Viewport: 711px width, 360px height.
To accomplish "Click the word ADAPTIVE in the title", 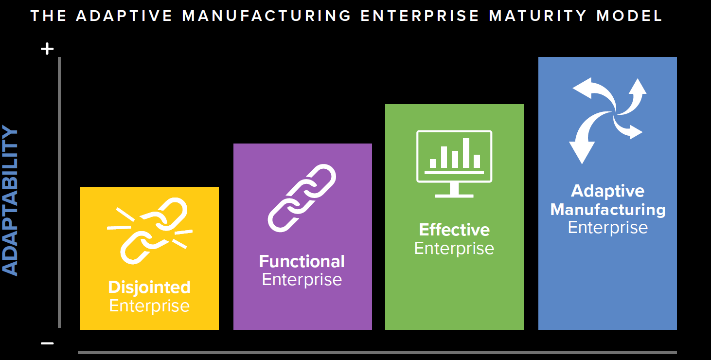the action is coord(124,16).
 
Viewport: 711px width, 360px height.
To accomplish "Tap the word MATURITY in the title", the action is coord(537,16).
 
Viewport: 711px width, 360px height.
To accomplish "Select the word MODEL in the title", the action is coord(629,16).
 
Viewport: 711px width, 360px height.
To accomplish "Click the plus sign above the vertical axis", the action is coord(47,49).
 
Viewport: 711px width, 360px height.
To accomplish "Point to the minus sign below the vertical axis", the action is coord(47,343).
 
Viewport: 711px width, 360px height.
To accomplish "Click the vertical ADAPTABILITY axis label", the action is coord(10,200).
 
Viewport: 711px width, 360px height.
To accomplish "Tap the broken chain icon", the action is coord(149,231).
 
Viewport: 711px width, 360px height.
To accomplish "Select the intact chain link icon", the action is coord(302,198).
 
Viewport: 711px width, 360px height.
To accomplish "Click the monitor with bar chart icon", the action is coord(454,164).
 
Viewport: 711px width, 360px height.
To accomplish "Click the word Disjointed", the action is coord(149,288).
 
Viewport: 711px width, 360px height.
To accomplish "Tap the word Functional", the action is coord(302,261).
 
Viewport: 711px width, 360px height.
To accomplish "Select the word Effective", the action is coord(454,230).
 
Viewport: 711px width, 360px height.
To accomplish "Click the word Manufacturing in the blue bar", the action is coord(608,210).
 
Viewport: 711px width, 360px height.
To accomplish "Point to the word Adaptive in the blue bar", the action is coord(608,191).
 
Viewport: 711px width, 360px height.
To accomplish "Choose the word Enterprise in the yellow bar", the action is coord(149,306).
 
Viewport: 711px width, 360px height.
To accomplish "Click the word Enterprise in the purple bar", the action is coord(302,280).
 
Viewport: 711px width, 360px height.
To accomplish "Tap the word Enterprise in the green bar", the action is coord(454,248).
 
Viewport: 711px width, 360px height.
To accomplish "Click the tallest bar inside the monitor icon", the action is coord(466,153).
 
